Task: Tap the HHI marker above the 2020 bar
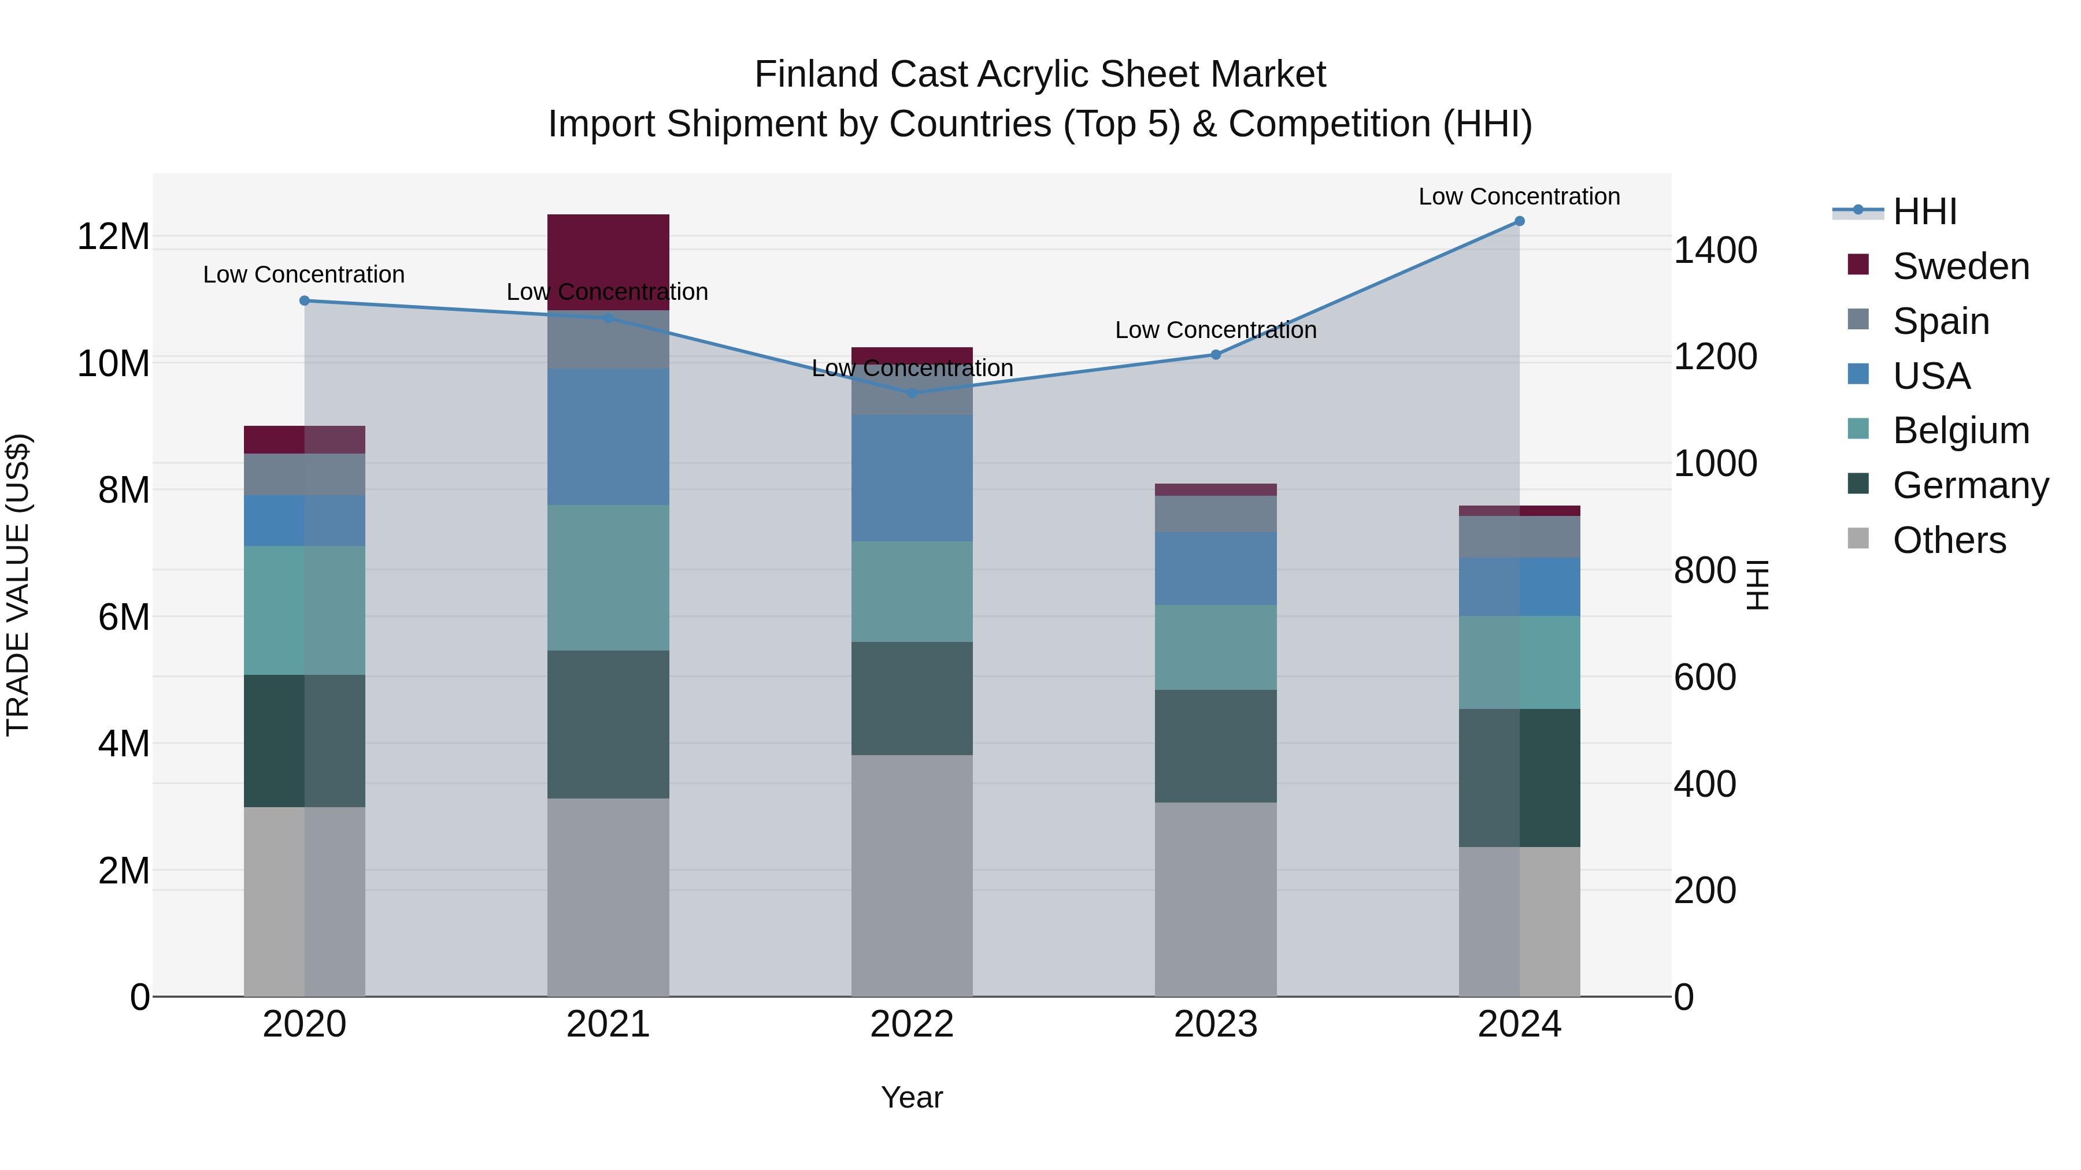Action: click(x=305, y=300)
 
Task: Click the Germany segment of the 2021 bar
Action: click(x=608, y=725)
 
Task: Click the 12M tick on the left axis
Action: click(x=113, y=236)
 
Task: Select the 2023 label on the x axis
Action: click(x=1215, y=1024)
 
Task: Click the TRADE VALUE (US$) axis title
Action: click(x=18, y=585)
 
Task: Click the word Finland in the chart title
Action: click(x=816, y=75)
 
